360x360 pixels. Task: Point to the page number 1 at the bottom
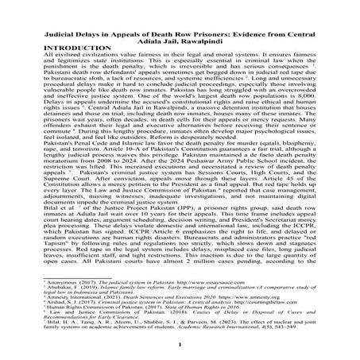180,344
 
